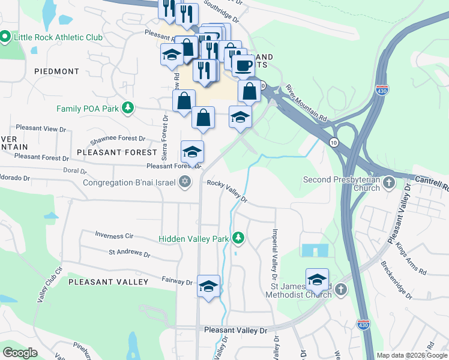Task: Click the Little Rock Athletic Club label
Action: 58,37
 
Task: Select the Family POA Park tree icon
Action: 127,109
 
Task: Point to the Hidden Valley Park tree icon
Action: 238,239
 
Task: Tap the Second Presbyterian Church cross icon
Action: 389,182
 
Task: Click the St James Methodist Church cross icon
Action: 341,290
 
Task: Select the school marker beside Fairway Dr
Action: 209,286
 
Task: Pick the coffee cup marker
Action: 244,65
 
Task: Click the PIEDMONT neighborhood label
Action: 56,71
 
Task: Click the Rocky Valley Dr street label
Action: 228,191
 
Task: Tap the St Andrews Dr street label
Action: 129,254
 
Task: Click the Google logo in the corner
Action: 20,353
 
